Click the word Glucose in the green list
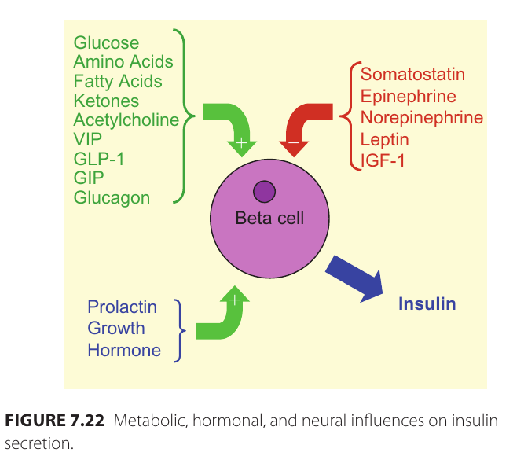pos(106,43)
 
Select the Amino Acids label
pos(123,62)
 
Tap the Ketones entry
pos(106,101)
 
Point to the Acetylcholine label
pos(126,120)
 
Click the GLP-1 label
pos(99,159)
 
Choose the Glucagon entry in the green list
pos(112,197)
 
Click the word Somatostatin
pos(412,75)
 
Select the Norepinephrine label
pos(421,118)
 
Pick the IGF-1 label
pos(382,161)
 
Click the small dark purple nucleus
pos(264,191)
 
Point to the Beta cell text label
pos(269,218)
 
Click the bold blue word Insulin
pos(427,303)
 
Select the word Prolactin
pos(122,307)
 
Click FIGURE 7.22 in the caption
pos(54,420)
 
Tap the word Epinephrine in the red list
pos(408,96)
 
